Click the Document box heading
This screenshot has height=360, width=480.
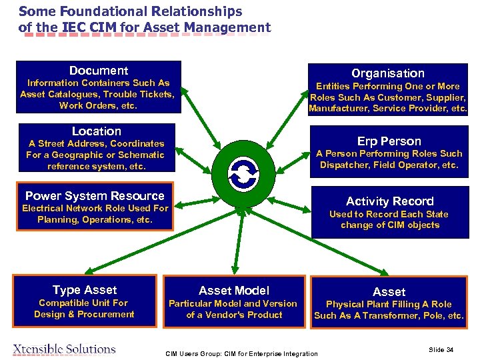tap(99, 71)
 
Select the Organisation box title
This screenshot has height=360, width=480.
tap(388, 73)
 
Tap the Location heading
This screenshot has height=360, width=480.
tap(97, 131)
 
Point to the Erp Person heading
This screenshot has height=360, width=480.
tap(389, 141)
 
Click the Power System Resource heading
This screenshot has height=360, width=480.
tap(95, 196)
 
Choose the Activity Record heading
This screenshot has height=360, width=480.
tap(389, 201)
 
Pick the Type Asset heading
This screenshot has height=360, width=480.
tap(85, 290)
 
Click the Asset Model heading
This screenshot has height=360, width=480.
tap(234, 291)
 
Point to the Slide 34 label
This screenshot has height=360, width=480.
tap(441, 349)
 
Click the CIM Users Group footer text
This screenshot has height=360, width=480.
tap(242, 353)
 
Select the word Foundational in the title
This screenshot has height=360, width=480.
tap(96, 11)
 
